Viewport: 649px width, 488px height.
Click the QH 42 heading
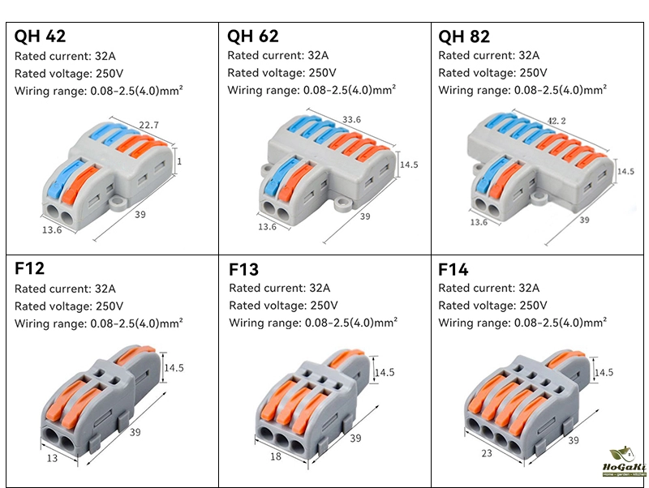coord(40,36)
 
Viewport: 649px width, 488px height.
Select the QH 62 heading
coord(253,36)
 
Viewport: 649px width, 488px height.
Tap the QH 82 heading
coord(464,36)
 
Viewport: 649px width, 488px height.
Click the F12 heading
coord(30,269)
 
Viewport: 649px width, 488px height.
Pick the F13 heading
coord(243,269)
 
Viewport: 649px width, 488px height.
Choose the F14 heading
coord(453,269)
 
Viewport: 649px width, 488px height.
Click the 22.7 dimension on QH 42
coord(148,125)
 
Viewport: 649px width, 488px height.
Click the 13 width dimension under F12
coord(51,458)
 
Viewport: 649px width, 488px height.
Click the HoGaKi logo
coord(624,464)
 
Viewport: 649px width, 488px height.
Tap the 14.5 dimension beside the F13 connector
coord(385,373)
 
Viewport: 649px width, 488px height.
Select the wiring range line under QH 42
coord(98,90)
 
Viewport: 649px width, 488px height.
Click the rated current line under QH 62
coord(277,56)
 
